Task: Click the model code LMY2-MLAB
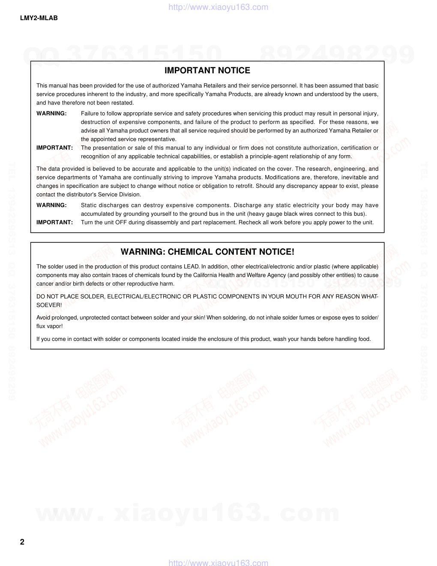coord(39,18)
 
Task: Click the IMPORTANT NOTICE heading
coord(207,70)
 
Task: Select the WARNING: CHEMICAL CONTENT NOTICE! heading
coord(207,252)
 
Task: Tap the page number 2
coord(22,542)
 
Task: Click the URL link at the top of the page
coord(218,7)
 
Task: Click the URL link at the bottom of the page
coord(218,563)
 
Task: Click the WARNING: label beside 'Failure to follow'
coord(51,114)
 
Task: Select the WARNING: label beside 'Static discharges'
coord(51,205)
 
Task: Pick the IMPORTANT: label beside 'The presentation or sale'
coord(54,148)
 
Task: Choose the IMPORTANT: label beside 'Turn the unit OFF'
coord(54,223)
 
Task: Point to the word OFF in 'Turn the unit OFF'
coord(121,223)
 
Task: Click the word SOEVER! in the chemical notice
coord(49,305)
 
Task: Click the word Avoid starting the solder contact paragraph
coord(43,318)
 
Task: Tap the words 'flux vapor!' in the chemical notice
coord(49,326)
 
